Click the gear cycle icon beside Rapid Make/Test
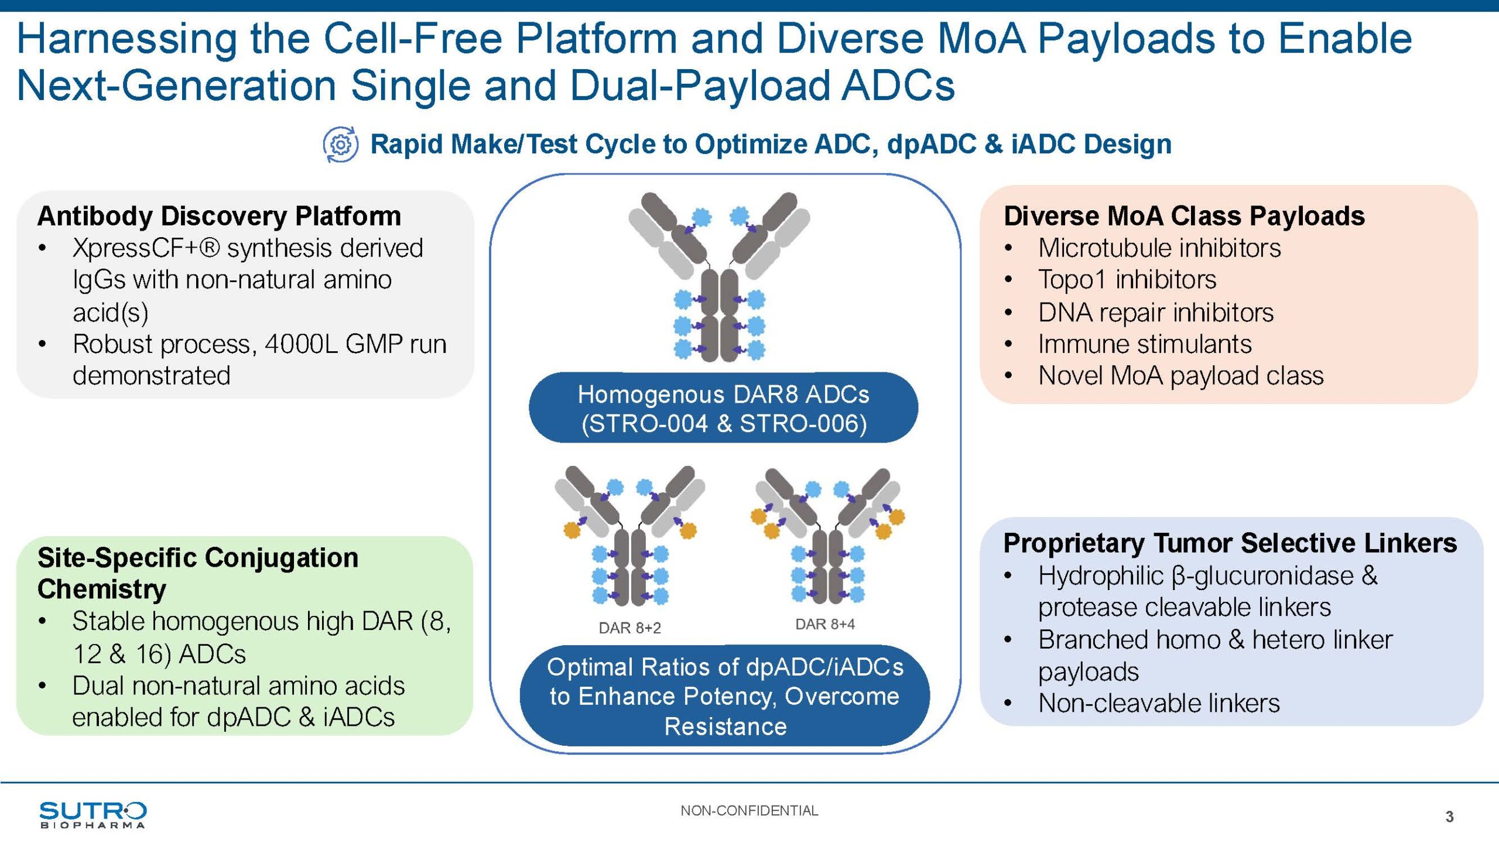tap(340, 144)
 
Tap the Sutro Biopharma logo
tap(93, 815)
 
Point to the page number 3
tap(1449, 817)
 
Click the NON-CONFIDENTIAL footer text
tap(749, 811)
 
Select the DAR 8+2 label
tap(629, 628)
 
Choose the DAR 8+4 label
tap(824, 625)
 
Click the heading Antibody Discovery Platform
tap(219, 216)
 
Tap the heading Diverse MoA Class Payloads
tap(1184, 216)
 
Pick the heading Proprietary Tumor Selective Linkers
tap(1230, 543)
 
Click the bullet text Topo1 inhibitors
tap(1127, 280)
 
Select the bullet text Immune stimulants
tap(1145, 344)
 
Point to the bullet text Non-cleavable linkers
tap(1159, 703)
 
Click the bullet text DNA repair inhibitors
tap(1156, 313)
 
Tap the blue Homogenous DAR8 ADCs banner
tap(723, 408)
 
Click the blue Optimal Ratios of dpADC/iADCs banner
tap(725, 696)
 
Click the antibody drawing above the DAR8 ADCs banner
tap(720, 277)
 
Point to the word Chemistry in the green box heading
tap(102, 590)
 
